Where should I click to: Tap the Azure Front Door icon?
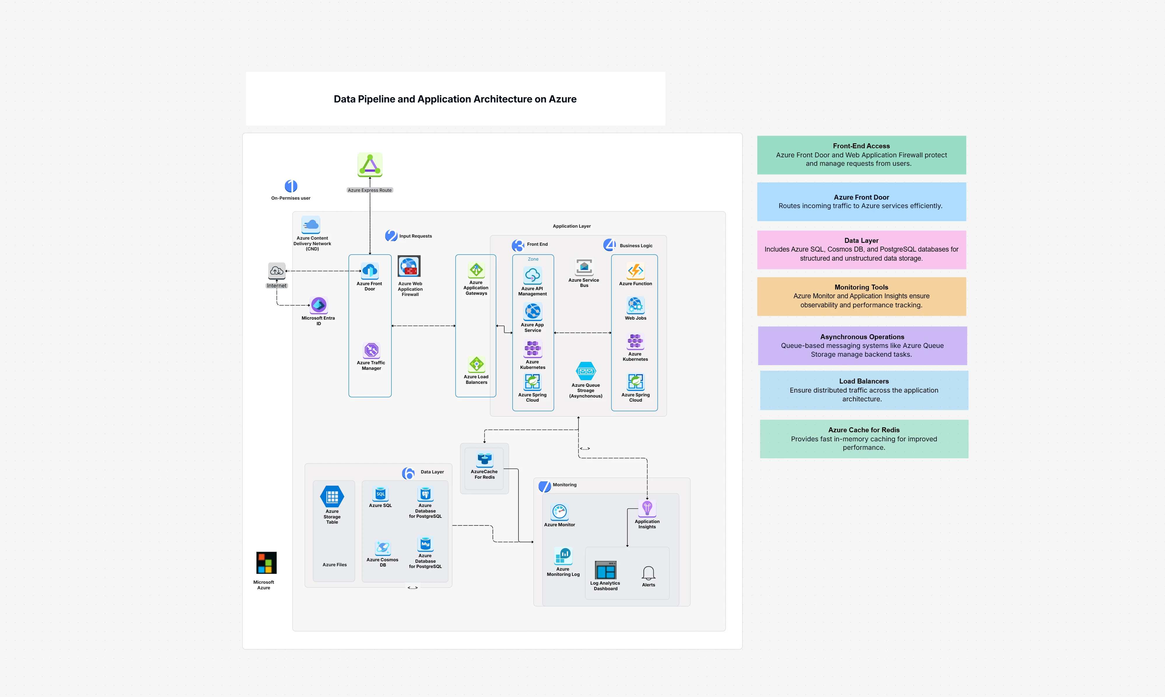pyautogui.click(x=370, y=271)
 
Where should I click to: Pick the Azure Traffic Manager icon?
pyautogui.click(x=371, y=350)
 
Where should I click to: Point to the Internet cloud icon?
pyautogui.click(x=277, y=271)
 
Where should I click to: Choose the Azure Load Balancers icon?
pyautogui.click(x=476, y=364)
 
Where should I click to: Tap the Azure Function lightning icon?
pyautogui.click(x=635, y=271)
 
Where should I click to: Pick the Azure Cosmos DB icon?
pyautogui.click(x=383, y=548)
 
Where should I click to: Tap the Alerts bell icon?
pyautogui.click(x=649, y=573)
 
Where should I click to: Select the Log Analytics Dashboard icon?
pyautogui.click(x=606, y=570)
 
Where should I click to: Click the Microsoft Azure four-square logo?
pyautogui.click(x=266, y=563)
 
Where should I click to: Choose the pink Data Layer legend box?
pyautogui.click(x=861, y=249)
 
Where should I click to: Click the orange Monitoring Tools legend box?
pyautogui.click(x=861, y=296)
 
